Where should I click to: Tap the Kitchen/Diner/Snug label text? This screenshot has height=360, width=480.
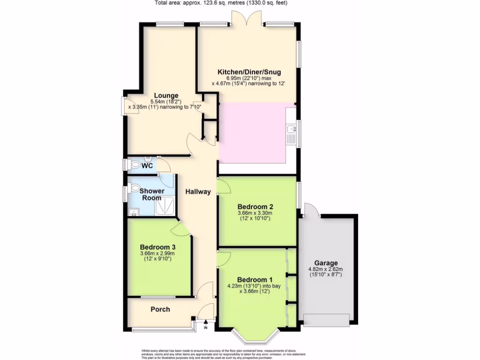pyautogui.click(x=248, y=72)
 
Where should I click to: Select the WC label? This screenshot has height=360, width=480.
pyautogui.click(x=147, y=166)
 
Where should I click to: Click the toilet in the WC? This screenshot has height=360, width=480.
pyautogui.click(x=135, y=165)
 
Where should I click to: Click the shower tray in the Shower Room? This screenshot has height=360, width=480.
pyautogui.click(x=165, y=205)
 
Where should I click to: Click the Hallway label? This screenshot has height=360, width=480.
pyautogui.click(x=198, y=192)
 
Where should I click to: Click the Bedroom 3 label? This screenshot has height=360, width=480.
pyautogui.click(x=157, y=247)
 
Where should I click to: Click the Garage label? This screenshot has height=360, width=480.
pyautogui.click(x=326, y=263)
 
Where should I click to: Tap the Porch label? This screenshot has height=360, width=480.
pyautogui.click(x=160, y=309)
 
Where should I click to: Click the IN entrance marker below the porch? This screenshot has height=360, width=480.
pyautogui.click(x=206, y=327)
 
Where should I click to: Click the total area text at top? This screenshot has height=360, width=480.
pyautogui.click(x=221, y=3)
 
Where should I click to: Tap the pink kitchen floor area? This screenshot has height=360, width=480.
pyautogui.click(x=252, y=132)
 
